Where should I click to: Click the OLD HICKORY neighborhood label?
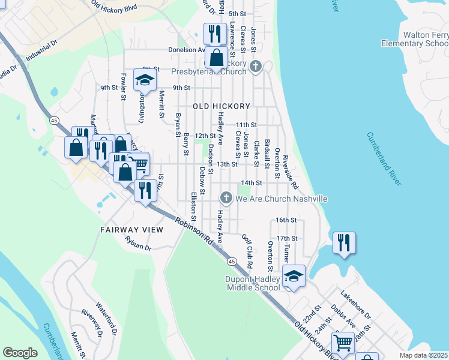[x=221, y=106]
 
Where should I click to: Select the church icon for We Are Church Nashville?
[x=226, y=198]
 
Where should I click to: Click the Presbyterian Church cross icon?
[x=256, y=66]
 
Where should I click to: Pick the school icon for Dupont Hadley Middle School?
[x=294, y=276]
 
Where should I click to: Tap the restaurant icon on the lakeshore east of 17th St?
[x=344, y=242]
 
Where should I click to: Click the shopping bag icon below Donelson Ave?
[x=216, y=58]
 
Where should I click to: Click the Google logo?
[x=20, y=352]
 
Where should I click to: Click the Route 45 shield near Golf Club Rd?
[x=231, y=262]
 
